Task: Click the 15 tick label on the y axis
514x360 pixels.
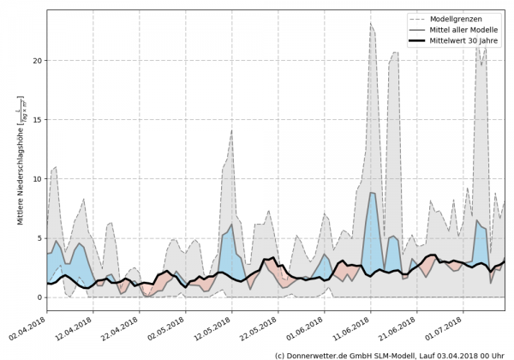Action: pos(35,120)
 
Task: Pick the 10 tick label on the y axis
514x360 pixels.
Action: pos(35,179)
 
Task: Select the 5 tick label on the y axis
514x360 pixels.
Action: pos(38,238)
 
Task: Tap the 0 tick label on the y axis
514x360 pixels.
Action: pos(38,297)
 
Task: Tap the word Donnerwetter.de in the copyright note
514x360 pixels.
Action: pos(318,354)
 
